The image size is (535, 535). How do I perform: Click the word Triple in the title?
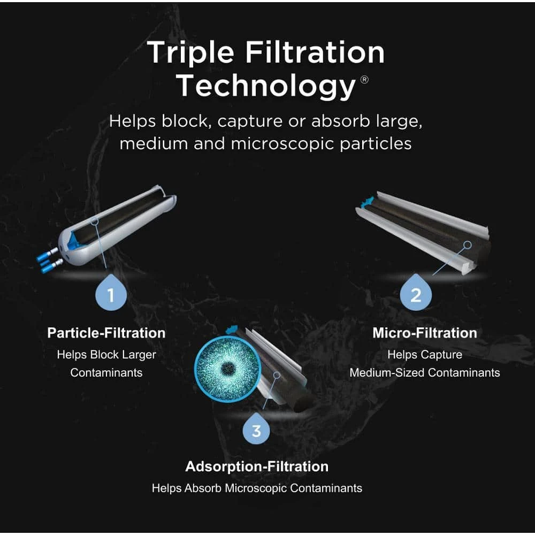point(190,52)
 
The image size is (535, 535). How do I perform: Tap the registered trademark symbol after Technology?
point(364,80)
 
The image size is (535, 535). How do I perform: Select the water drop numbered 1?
point(111,294)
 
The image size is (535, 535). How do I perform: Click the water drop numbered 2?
point(416,294)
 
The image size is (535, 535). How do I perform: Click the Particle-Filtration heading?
point(106,333)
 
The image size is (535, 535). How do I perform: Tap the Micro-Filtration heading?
point(424,333)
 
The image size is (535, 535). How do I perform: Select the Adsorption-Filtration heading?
point(257,467)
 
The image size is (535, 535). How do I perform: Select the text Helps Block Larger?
point(106,354)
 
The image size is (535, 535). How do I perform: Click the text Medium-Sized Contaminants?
point(424,372)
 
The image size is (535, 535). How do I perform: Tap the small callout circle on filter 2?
point(467,244)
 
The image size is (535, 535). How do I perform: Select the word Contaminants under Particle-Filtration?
point(106,372)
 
